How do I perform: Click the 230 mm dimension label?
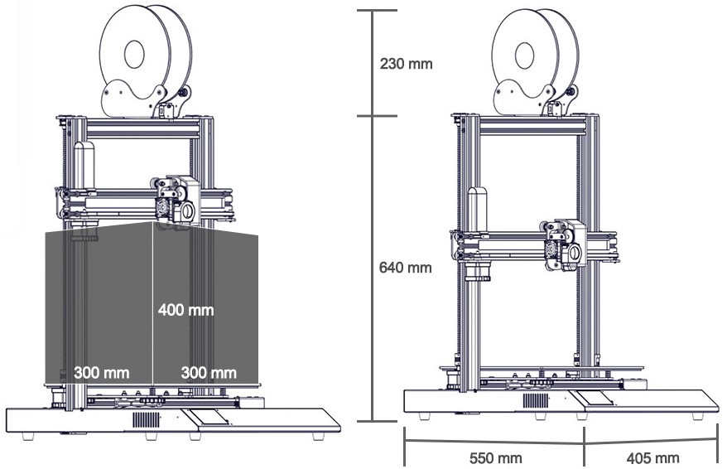(x=406, y=63)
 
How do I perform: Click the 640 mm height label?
(x=406, y=268)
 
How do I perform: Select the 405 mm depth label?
(x=653, y=458)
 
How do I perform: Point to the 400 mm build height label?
(x=185, y=311)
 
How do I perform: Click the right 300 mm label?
(x=209, y=372)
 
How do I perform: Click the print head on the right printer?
(x=566, y=245)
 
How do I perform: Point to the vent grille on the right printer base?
(x=535, y=400)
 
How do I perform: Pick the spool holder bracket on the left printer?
(x=132, y=99)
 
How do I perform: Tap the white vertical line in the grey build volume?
(x=153, y=273)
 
